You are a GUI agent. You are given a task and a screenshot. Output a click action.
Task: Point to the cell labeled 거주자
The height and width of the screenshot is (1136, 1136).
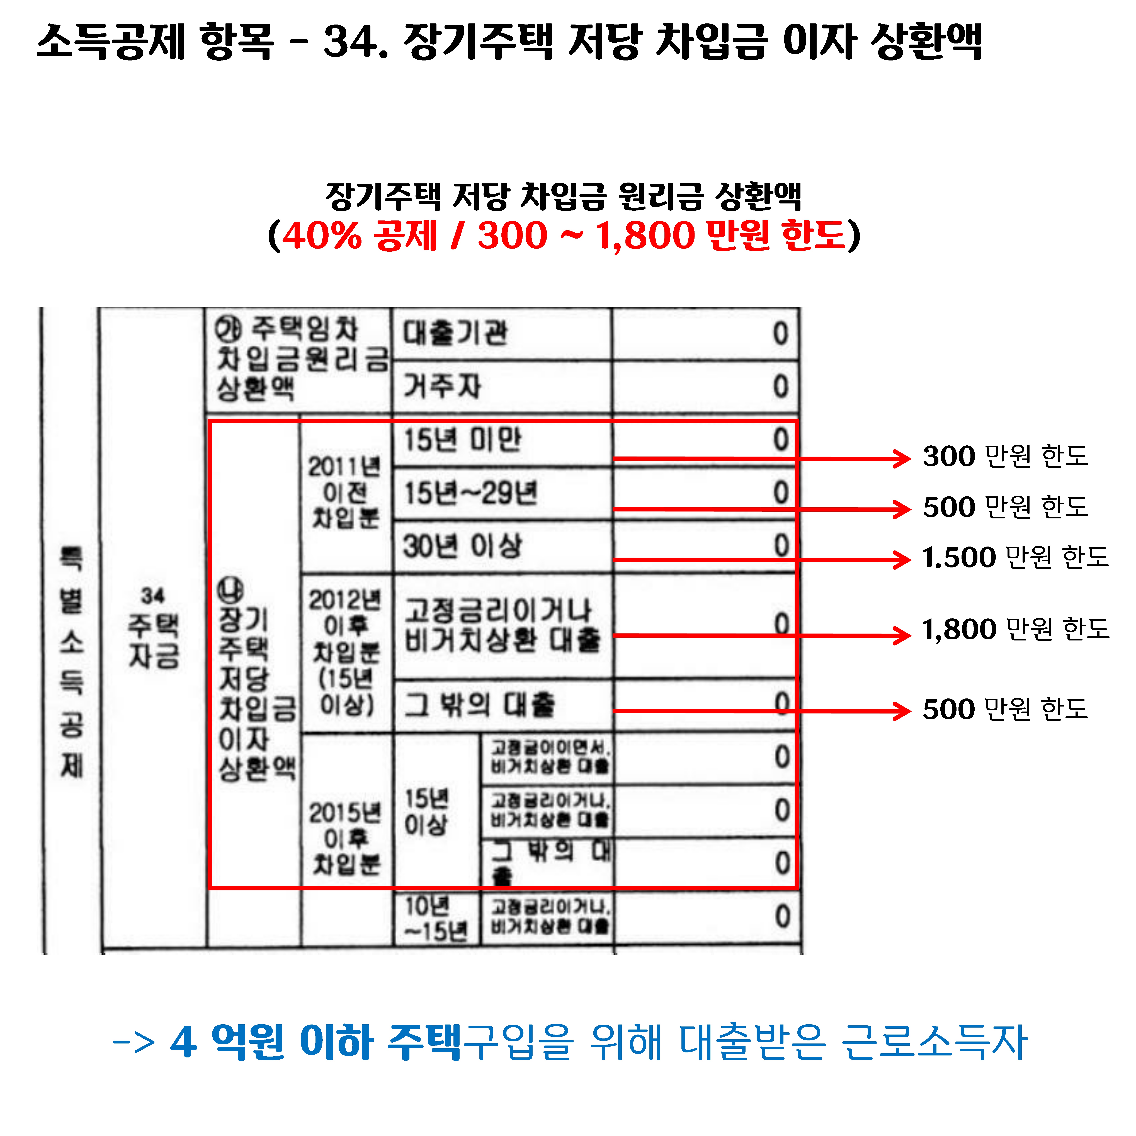442,386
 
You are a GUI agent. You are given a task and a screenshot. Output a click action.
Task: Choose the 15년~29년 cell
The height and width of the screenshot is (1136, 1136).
470,493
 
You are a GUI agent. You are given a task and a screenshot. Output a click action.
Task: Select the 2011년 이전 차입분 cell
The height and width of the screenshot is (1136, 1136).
345,493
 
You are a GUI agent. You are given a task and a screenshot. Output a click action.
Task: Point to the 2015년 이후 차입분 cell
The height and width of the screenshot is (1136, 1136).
345,838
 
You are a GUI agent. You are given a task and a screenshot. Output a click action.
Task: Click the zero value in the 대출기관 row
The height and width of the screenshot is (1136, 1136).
780,334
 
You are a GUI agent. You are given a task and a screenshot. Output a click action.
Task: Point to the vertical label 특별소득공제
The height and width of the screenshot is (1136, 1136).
72,661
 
